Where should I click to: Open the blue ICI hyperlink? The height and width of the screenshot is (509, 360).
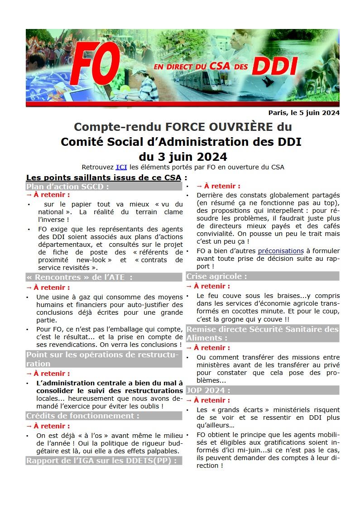pyautogui.click(x=121, y=167)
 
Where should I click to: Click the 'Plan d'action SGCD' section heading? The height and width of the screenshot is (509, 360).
pyautogui.click(x=67, y=186)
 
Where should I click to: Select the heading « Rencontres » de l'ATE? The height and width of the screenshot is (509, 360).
pyautogui.click(x=79, y=277)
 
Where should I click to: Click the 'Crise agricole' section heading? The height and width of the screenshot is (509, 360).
pyautogui.click(x=217, y=276)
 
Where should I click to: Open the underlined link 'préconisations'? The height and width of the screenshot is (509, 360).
pyautogui.click(x=281, y=250)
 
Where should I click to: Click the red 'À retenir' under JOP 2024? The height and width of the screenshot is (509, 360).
pyautogui.click(x=212, y=400)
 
